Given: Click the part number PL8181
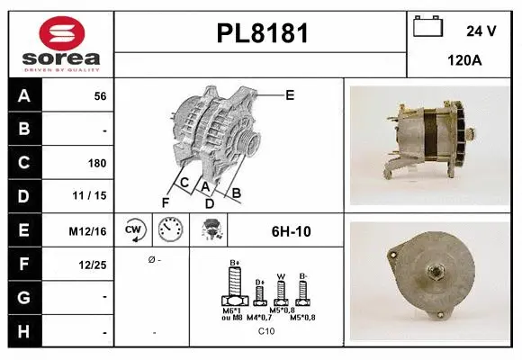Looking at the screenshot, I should (x=263, y=34).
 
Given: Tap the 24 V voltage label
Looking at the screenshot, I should (x=481, y=31).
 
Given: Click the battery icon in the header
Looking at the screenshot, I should (x=427, y=27).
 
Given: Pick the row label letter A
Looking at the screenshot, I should (x=23, y=96).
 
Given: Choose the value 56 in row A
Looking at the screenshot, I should (x=100, y=96).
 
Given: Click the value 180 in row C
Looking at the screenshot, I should (x=97, y=164).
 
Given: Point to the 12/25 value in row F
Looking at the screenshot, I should (x=93, y=265).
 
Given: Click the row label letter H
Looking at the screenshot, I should (x=23, y=333).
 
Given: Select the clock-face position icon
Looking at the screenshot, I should (x=171, y=231).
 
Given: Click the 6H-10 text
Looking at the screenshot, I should (x=291, y=231).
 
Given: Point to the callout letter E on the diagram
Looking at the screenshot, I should (x=290, y=94).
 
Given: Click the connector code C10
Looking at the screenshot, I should (x=266, y=331).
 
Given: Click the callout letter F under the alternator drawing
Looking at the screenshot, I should (x=166, y=202).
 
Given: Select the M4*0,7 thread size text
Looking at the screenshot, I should (x=259, y=316).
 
